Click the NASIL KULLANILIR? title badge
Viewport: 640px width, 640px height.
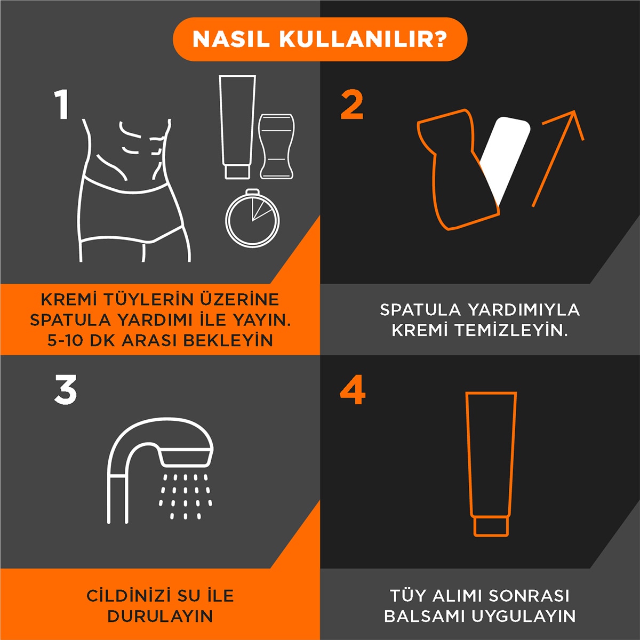tap(320, 39)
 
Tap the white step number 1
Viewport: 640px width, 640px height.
tap(63, 105)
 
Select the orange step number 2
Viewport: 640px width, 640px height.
tap(352, 105)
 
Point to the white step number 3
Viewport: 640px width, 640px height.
tap(66, 390)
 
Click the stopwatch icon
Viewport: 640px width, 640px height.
tap(252, 218)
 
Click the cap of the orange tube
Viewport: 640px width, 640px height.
tap(491, 526)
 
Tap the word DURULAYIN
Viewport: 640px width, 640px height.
tap(160, 616)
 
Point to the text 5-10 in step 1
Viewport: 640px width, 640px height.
tap(64, 340)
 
